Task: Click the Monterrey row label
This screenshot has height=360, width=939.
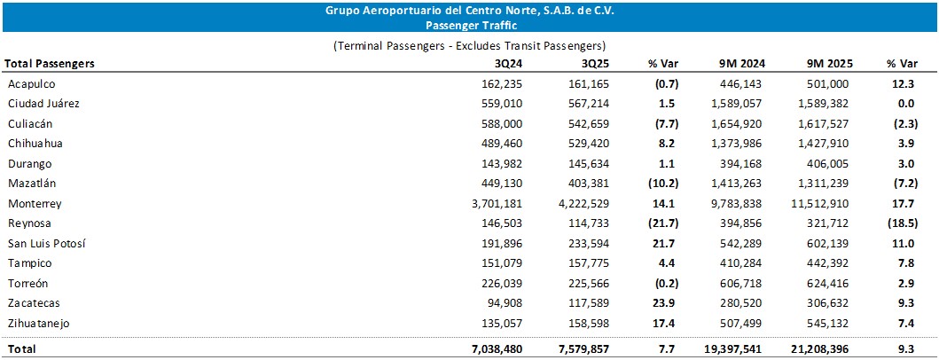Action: [x=35, y=204]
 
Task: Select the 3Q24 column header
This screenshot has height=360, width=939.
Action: [x=509, y=64]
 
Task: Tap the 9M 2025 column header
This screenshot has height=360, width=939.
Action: [x=829, y=64]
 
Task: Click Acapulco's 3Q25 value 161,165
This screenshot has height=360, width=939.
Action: [x=590, y=84]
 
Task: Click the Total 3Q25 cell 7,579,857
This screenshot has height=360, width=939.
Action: [x=582, y=349]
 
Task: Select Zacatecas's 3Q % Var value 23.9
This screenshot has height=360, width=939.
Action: [x=666, y=303]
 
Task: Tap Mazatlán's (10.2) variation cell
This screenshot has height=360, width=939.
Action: [x=664, y=184]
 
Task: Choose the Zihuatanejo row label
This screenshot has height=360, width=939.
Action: [x=39, y=324]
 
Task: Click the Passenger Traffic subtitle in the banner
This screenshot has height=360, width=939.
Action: [x=470, y=25]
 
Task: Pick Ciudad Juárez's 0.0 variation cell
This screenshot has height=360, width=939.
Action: [x=907, y=104]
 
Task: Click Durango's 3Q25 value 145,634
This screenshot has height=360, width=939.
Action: [x=590, y=163]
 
